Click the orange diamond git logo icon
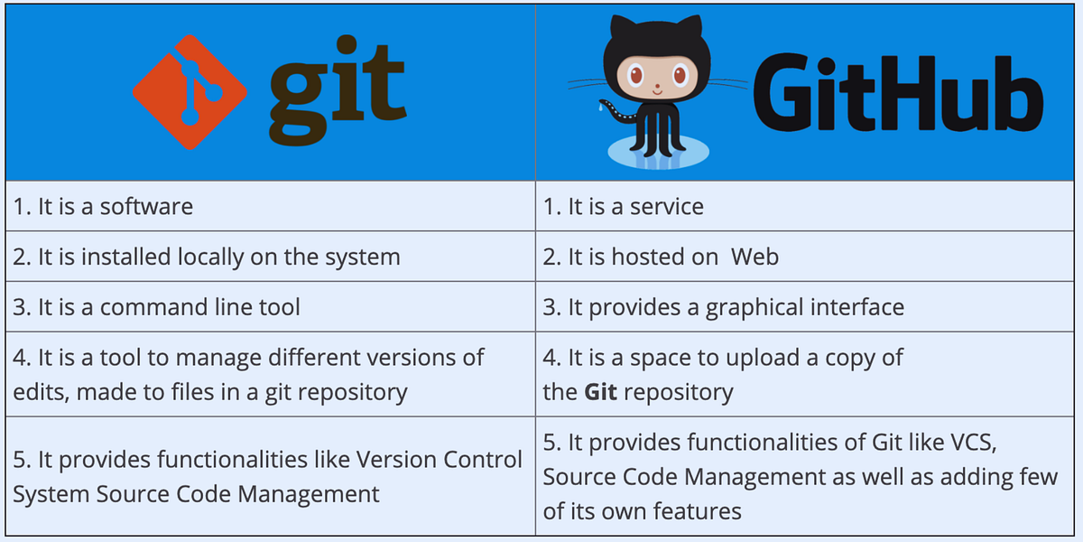[190, 92]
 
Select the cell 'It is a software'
[103, 207]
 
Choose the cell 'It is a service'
[623, 207]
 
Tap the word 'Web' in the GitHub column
[754, 257]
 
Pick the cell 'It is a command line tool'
[156, 307]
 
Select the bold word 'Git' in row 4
[600, 392]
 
